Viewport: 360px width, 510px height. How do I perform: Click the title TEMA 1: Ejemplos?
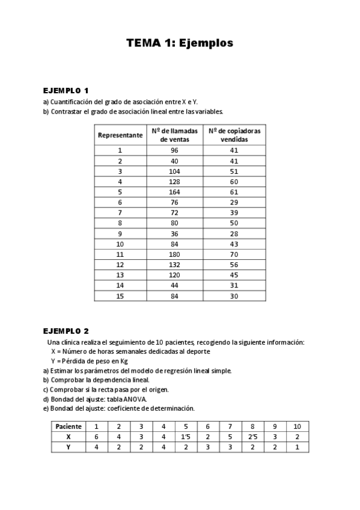tap(180, 43)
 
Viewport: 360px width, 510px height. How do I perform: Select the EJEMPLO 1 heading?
tap(66, 90)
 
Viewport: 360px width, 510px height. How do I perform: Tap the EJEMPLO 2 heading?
tap(66, 331)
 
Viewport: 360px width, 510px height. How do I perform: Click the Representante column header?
tap(120, 135)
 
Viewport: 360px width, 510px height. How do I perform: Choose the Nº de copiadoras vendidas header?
tap(234, 135)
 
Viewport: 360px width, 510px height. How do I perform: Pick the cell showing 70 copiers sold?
tap(234, 255)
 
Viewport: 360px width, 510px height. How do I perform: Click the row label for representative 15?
tap(120, 296)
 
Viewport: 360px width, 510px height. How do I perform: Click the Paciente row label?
tap(69, 426)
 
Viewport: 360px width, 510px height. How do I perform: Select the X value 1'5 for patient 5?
tap(186, 437)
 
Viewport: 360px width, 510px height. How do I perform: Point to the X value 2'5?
tap(252, 437)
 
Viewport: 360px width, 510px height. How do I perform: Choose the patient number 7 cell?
tap(230, 426)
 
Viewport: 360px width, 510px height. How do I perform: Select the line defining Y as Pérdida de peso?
tap(90, 361)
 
